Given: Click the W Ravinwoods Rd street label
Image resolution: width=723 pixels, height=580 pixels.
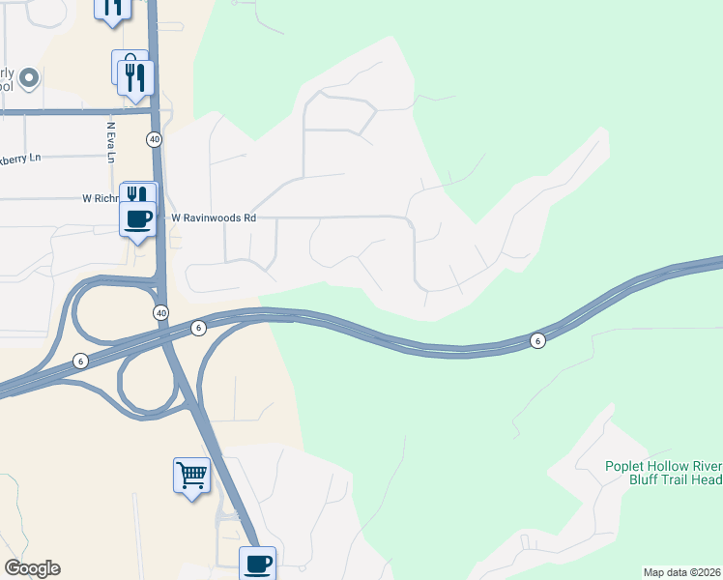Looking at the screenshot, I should tap(214, 218).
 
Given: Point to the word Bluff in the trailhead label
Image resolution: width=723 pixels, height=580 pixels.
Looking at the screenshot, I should tap(647, 479).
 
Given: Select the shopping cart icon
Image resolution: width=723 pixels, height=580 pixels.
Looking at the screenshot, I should tap(191, 476).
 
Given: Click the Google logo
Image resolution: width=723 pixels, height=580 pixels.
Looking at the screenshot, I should tap(32, 568).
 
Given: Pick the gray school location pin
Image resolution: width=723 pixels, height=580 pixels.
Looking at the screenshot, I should tap(29, 77).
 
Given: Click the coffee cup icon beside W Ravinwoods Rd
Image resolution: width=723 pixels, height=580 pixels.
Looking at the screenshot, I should tap(139, 219).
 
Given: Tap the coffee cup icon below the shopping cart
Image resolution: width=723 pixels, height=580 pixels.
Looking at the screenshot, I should tap(257, 563).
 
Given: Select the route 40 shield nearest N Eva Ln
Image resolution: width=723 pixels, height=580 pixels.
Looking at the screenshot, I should tap(155, 140).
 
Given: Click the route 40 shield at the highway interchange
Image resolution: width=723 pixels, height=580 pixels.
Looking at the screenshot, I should tap(160, 312).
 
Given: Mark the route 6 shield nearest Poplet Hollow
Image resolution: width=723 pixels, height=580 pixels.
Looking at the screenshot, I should tap(537, 340).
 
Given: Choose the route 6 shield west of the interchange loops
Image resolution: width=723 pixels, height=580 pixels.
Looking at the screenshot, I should tap(80, 361).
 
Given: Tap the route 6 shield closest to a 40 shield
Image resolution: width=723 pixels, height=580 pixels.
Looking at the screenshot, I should tap(198, 328).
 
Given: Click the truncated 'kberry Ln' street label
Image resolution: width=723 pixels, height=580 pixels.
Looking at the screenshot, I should tap(21, 159).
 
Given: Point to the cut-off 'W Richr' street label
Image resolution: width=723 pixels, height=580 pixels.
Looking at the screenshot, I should tap(100, 198).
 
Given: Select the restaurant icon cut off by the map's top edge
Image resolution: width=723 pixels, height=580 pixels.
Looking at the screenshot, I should tap(112, 8).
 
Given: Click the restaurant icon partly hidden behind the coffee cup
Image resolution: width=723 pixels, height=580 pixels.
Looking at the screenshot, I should tap(136, 192).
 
